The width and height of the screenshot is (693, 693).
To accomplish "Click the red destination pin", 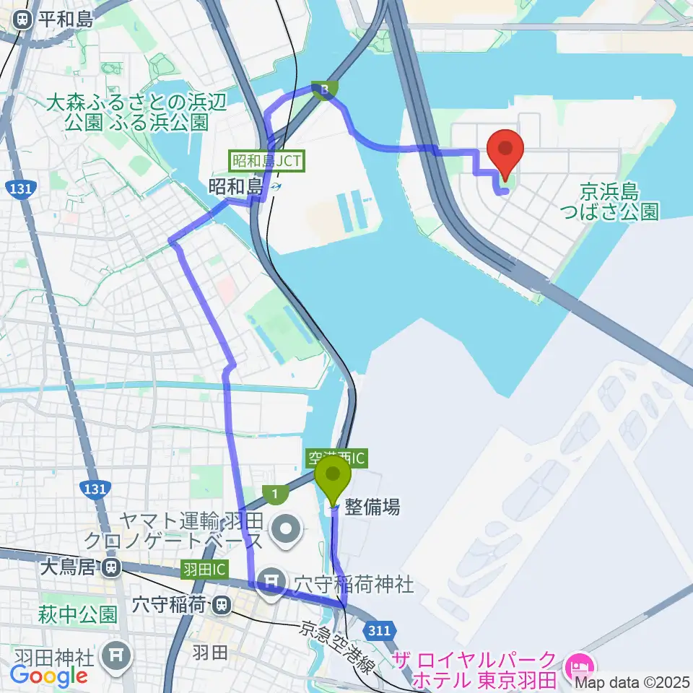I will pyautogui.click(x=505, y=149).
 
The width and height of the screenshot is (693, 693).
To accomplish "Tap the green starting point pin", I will pyautogui.click(x=333, y=477).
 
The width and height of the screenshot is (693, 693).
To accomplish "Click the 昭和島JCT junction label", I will pyautogui.click(x=267, y=160).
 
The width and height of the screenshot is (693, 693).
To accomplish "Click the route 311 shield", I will pyautogui.click(x=378, y=631).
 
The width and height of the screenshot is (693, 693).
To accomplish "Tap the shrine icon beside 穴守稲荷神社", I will pyautogui.click(x=272, y=580).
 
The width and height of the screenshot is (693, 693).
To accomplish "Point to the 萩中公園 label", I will pyautogui.click(x=79, y=614).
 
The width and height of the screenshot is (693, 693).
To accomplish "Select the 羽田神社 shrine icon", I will pyautogui.click(x=115, y=656).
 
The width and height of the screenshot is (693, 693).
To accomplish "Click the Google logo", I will pyautogui.click(x=49, y=676).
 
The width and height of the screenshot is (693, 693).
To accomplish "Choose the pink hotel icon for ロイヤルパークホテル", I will pyautogui.click(x=581, y=662).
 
